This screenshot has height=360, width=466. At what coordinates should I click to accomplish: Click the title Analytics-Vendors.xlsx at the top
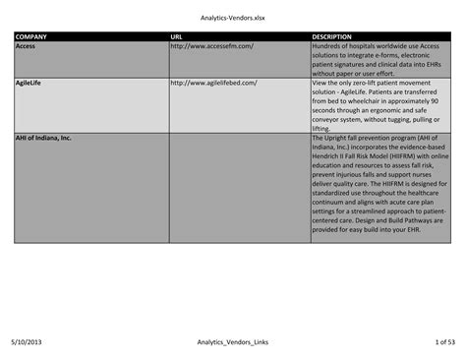[x=233, y=17]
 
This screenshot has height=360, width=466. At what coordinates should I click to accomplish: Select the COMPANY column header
[x=30, y=36]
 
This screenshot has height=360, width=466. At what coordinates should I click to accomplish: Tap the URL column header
[x=176, y=36]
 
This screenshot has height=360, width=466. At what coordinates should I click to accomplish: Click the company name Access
[x=26, y=45]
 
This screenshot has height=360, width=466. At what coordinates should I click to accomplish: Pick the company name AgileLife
[x=30, y=83]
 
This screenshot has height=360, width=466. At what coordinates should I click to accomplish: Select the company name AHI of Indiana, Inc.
[x=43, y=138]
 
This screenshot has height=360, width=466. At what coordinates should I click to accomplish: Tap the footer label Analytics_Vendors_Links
[x=233, y=341]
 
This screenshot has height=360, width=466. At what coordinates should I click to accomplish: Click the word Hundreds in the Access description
[x=328, y=45]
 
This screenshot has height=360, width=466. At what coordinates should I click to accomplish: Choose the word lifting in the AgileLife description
[x=321, y=129]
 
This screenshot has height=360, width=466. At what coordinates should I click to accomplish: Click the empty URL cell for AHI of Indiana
[x=238, y=187]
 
